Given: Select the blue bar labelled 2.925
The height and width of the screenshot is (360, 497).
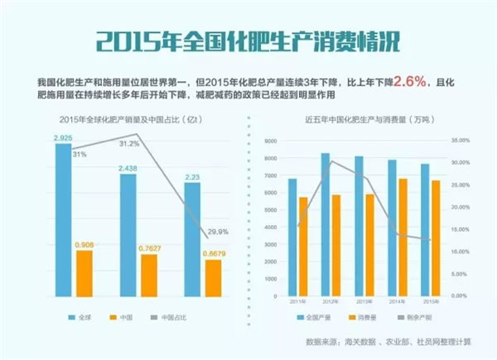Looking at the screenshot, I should coord(63,219).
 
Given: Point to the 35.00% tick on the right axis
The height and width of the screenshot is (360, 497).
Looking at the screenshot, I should coord(459,141).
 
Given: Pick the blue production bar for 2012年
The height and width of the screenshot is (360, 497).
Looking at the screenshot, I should coord(326,224).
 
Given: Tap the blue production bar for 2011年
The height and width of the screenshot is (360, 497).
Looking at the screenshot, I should coord(292,237).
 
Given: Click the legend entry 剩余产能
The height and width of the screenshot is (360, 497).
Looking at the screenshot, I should coord(425,317).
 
